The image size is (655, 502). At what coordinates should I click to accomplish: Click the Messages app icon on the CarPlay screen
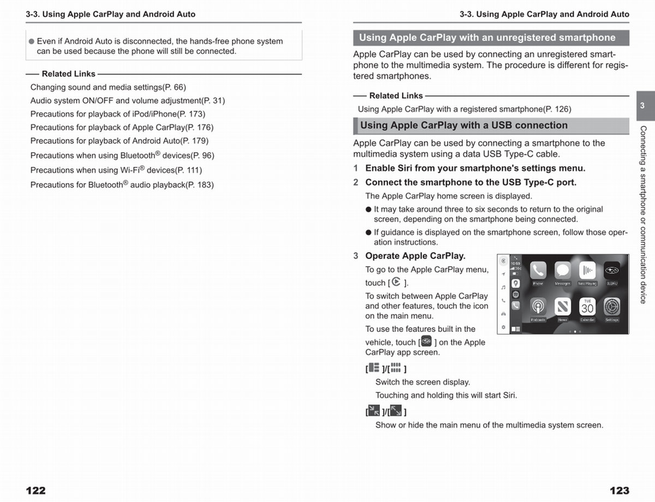(x=563, y=271)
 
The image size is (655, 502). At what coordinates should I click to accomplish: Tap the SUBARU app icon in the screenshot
(x=611, y=271)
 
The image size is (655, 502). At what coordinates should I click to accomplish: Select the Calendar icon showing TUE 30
(x=587, y=307)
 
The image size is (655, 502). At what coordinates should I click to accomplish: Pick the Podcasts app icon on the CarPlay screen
(x=539, y=307)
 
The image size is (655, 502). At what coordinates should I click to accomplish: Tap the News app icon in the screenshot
(x=563, y=307)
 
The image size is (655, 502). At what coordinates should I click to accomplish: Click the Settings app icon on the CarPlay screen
(x=612, y=307)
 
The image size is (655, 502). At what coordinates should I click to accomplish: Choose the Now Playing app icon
(x=587, y=271)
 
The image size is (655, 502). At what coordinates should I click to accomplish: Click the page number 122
(x=35, y=491)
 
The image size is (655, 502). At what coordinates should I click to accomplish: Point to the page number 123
(x=620, y=491)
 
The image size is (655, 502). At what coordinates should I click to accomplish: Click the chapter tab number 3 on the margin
(x=642, y=106)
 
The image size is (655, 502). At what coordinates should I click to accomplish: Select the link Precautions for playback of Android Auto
(x=119, y=141)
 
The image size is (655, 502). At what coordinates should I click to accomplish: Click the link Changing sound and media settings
(x=108, y=87)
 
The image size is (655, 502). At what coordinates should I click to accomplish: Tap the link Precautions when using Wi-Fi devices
(x=116, y=170)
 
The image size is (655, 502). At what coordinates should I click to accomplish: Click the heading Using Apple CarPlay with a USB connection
(x=464, y=125)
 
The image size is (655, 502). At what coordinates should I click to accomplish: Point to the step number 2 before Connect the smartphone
(x=356, y=183)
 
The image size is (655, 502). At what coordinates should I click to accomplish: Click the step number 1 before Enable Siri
(x=356, y=168)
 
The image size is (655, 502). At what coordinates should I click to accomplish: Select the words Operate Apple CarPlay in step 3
(x=415, y=256)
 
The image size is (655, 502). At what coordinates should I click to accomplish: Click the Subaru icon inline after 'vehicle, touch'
(x=426, y=342)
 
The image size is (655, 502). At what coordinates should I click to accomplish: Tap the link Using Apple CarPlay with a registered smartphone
(x=465, y=109)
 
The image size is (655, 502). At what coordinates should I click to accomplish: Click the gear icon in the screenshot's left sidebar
(x=503, y=328)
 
